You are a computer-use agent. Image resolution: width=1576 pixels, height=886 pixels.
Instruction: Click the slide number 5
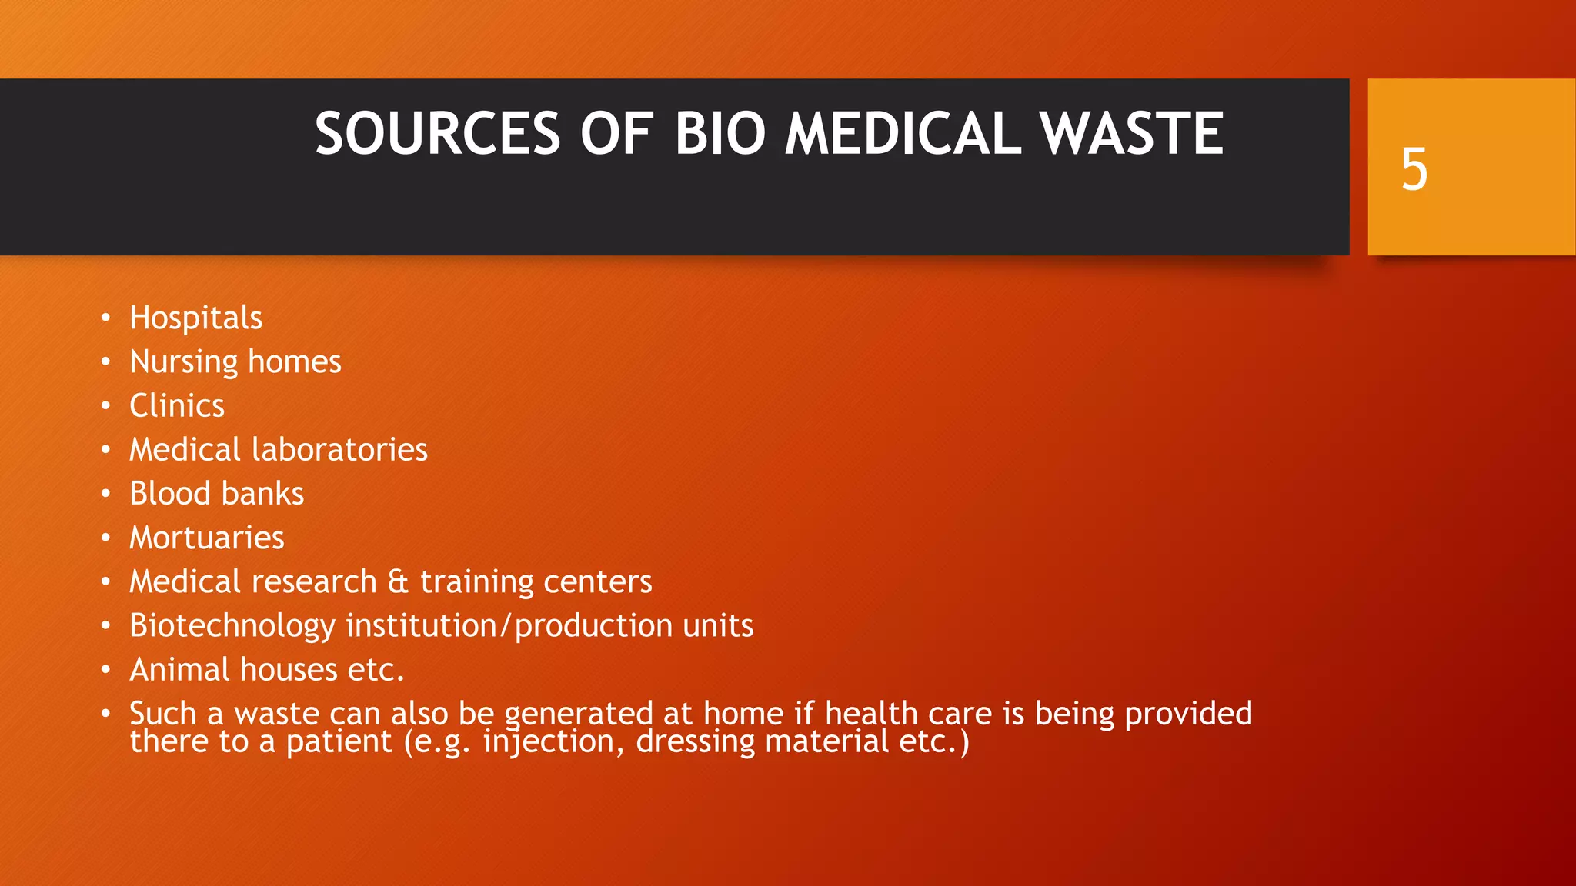(x=1414, y=169)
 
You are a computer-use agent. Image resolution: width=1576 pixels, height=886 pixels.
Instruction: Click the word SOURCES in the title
(x=437, y=134)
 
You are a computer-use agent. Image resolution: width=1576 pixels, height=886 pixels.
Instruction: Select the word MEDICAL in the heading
(x=903, y=134)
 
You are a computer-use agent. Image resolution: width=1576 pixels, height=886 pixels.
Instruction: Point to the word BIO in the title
(x=720, y=134)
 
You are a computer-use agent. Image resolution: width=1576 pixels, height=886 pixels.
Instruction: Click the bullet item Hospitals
(x=195, y=318)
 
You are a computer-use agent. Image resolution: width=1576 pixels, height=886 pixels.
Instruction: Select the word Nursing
(x=184, y=362)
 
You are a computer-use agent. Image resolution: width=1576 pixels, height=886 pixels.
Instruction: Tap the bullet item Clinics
(x=177, y=406)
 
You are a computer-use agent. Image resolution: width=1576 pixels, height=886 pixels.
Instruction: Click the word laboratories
(x=339, y=450)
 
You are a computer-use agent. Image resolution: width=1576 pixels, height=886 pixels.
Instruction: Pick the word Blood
(x=169, y=494)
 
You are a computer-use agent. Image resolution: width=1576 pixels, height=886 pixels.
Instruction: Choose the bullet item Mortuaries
(x=206, y=538)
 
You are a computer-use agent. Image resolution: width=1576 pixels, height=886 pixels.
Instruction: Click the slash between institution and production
(x=505, y=626)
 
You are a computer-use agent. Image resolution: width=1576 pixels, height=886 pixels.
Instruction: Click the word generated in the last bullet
(x=579, y=714)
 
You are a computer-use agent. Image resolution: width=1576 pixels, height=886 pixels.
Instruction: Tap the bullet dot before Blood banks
(x=106, y=494)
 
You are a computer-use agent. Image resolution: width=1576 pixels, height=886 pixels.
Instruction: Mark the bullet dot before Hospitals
(x=106, y=318)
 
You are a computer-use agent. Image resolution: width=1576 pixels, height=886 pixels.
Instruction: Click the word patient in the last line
(x=339, y=742)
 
